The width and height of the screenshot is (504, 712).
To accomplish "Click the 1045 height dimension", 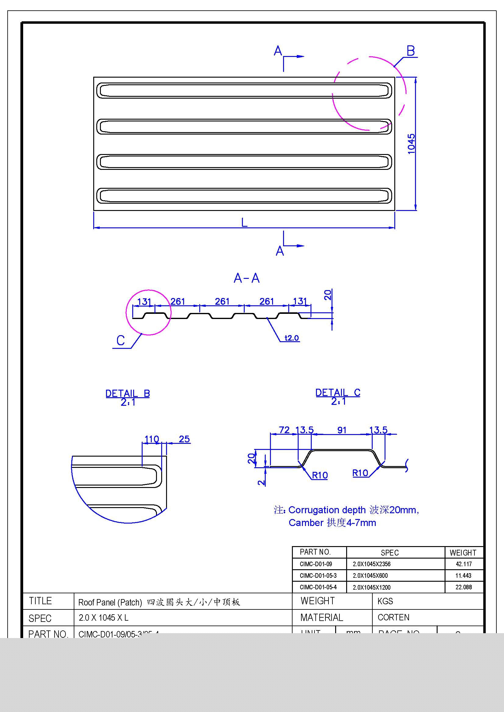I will click(411, 143).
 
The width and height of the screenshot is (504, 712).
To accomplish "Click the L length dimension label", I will click(244, 222).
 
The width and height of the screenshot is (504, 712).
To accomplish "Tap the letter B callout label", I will click(410, 51).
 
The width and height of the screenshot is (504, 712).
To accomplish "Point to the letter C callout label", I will click(120, 341).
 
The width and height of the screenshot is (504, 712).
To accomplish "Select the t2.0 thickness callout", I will click(292, 338).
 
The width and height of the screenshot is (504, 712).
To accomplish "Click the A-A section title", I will click(247, 278).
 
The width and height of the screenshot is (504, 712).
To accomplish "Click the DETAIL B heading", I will click(128, 394).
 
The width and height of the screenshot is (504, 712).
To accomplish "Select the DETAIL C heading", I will click(338, 393).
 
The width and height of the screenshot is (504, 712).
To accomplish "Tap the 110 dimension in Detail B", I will click(152, 439).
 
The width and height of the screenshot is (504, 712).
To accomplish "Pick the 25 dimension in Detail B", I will click(184, 439).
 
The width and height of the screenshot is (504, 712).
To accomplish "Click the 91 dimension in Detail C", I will click(342, 430).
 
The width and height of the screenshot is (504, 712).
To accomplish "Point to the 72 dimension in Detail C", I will click(284, 430).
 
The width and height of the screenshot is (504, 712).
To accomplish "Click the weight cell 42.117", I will click(464, 564).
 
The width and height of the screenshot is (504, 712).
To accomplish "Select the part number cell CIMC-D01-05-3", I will click(318, 576).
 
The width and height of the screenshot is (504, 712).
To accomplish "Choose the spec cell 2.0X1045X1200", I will click(371, 587).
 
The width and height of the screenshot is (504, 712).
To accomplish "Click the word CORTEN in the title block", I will click(393, 617).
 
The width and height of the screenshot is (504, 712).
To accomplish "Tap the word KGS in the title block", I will click(385, 601).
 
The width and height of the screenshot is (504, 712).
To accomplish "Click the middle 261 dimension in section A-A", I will click(222, 301).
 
